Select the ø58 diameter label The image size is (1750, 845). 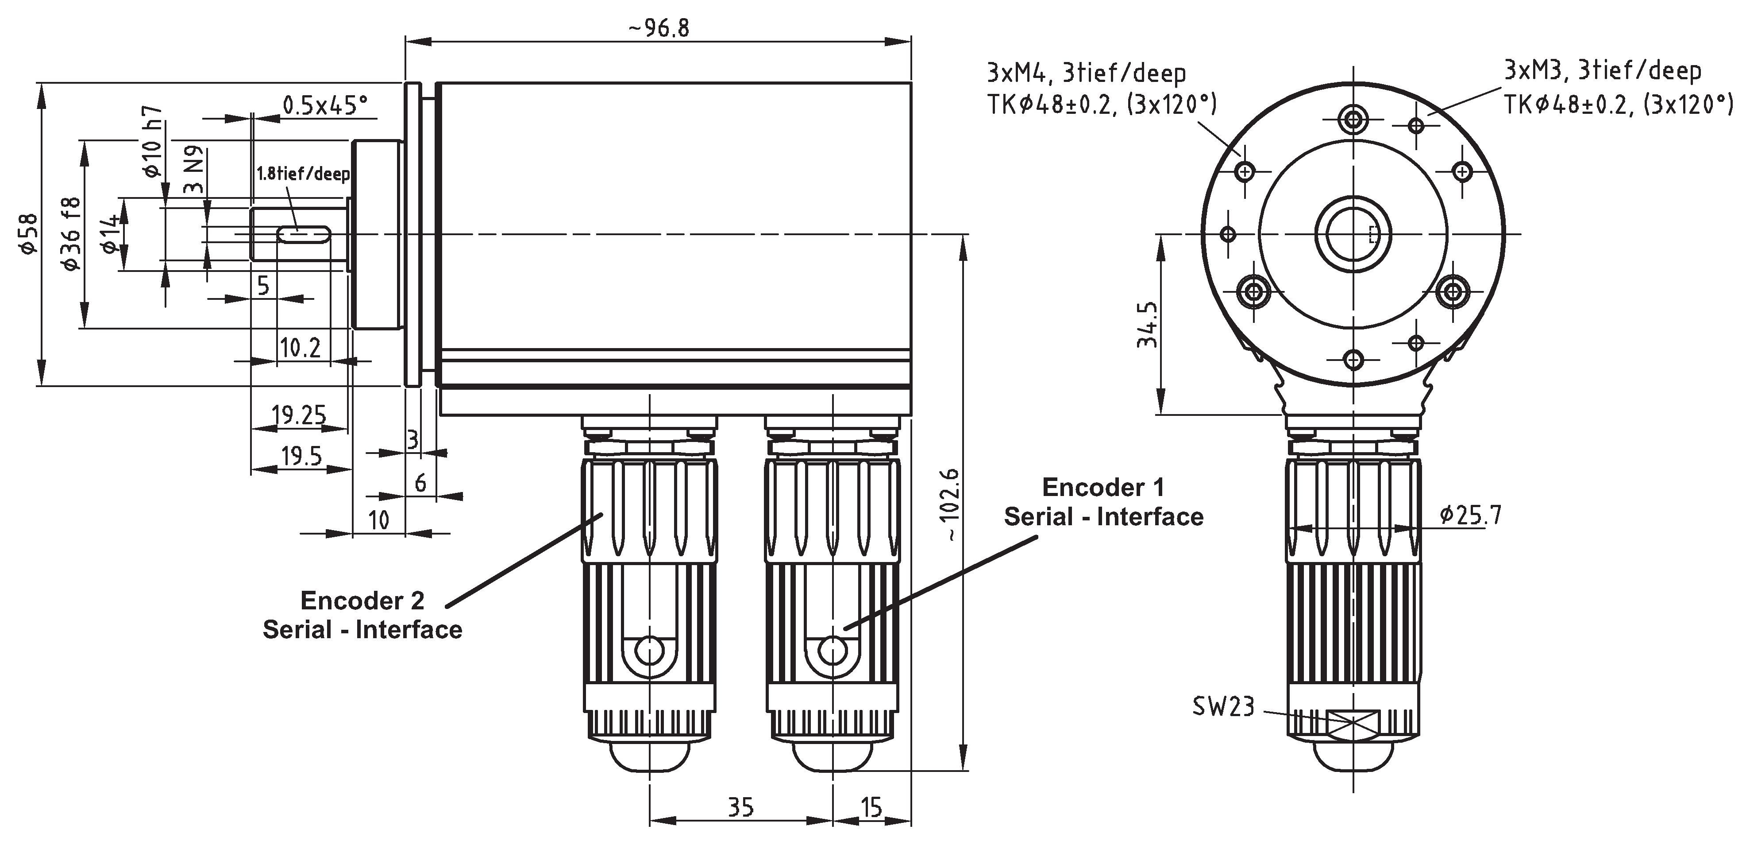28,233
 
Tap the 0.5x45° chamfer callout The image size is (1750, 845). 325,105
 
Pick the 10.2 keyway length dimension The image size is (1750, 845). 300,348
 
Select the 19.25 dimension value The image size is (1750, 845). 298,414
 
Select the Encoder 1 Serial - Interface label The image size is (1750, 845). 1103,502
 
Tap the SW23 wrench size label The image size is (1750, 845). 1223,706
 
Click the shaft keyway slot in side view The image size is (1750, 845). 304,235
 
